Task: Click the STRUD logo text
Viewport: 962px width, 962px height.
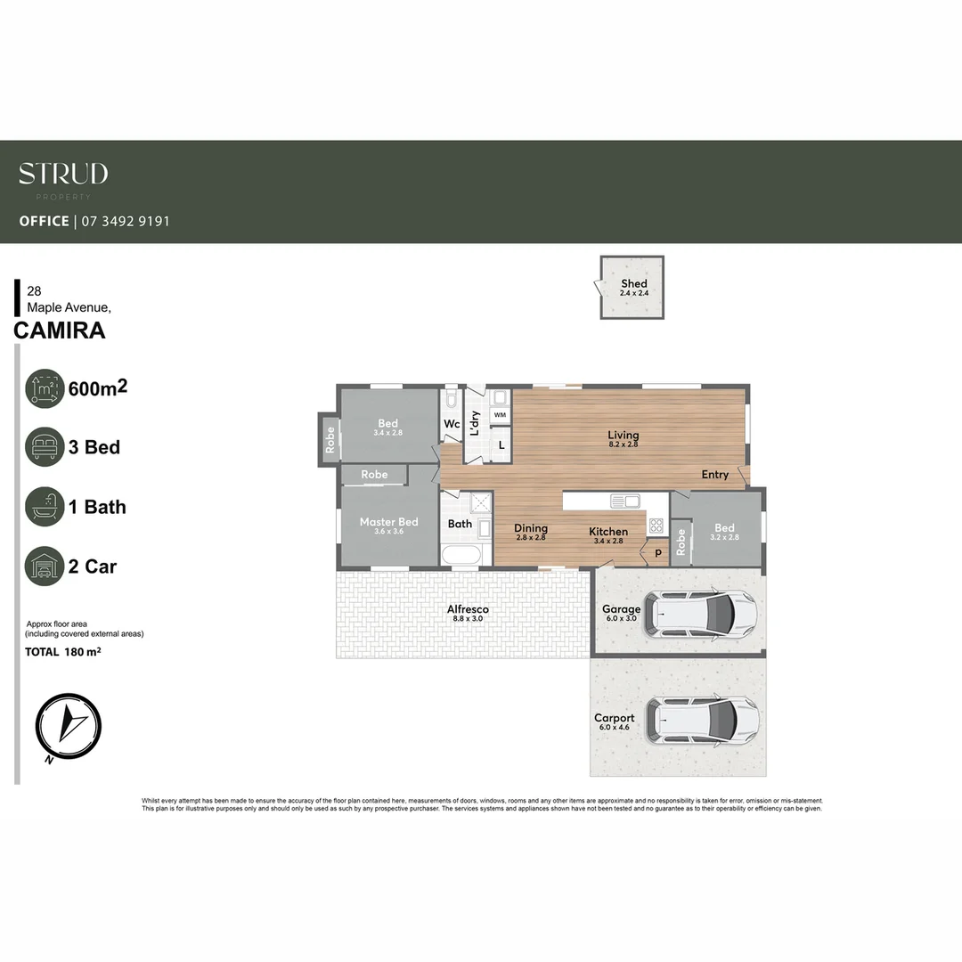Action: click(63, 173)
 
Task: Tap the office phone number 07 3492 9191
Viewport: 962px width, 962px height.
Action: click(125, 221)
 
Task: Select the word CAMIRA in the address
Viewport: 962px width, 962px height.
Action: click(60, 330)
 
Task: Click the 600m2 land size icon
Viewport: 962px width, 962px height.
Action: click(45, 388)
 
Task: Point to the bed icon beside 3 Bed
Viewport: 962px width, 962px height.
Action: click(45, 447)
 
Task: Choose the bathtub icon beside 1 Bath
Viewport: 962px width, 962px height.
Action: click(45, 507)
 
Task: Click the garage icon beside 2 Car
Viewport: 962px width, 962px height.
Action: click(45, 567)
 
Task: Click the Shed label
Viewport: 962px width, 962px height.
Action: click(633, 284)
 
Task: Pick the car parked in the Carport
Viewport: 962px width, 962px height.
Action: click(704, 719)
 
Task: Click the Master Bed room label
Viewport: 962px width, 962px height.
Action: click(388, 522)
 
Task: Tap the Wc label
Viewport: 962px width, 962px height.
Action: click(452, 425)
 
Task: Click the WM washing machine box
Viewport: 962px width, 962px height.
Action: click(500, 415)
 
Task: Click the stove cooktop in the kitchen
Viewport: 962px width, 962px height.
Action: click(656, 525)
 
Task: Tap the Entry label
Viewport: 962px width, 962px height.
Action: click(714, 475)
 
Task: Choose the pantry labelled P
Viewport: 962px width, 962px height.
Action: click(658, 552)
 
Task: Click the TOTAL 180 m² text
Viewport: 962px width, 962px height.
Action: click(62, 652)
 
